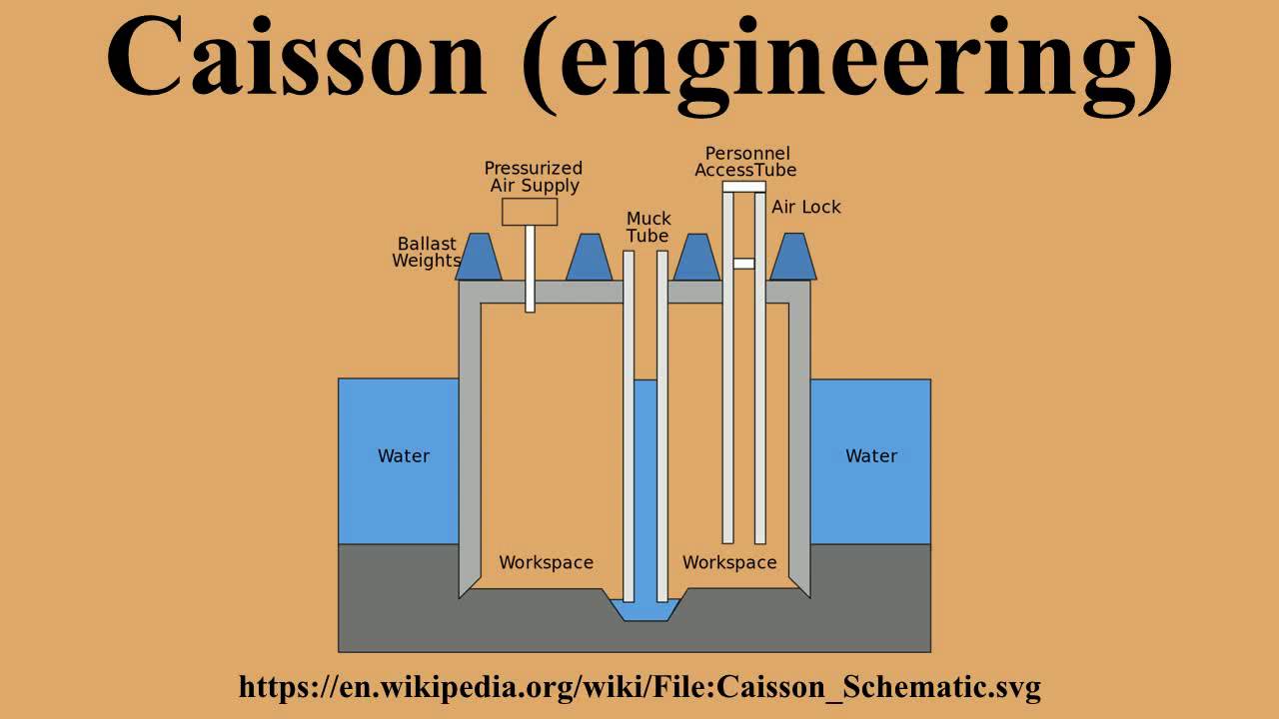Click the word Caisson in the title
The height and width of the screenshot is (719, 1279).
coord(295,58)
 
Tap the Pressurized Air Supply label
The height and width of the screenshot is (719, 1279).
coord(534,177)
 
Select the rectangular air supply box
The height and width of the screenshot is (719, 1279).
coord(529,212)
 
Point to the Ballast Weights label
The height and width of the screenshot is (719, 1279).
coord(426,252)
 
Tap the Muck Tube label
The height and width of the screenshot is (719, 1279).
coord(648,227)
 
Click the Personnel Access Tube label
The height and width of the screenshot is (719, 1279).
coord(746,162)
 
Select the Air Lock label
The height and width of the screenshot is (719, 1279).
coord(806,207)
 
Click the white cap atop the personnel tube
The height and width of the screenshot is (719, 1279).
coord(743,187)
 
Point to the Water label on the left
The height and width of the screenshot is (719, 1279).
coord(404,456)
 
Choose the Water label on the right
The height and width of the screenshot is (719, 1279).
coord(871,456)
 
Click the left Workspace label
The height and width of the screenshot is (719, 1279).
coord(546,563)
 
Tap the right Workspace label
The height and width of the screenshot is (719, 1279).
coord(729,563)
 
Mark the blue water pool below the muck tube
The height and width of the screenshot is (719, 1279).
coord(645,609)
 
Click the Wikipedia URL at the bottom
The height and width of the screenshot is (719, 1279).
coord(639,687)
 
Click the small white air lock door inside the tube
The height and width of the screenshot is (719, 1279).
coord(743,264)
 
